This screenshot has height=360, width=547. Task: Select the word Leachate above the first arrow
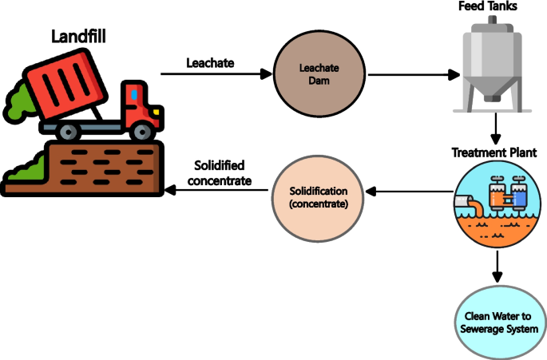tap(210, 62)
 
